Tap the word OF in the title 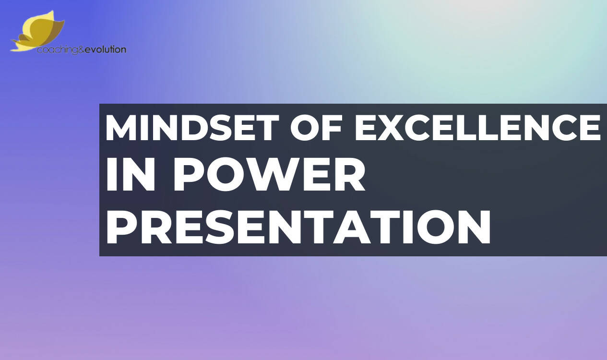316,127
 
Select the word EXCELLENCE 477,127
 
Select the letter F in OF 331,127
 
